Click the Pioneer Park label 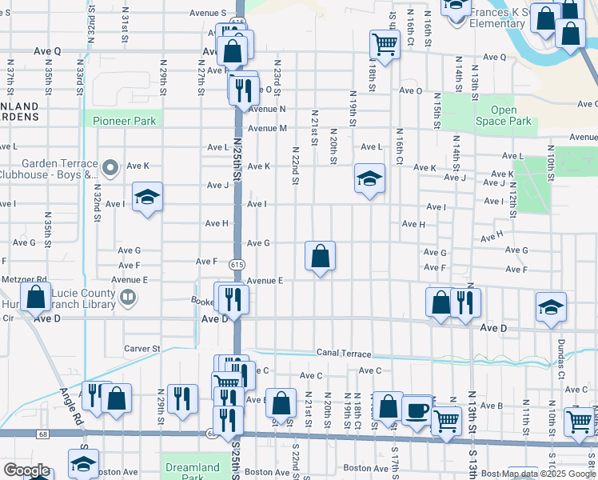click(123, 121)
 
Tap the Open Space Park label click(504, 115)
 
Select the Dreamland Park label click(191, 472)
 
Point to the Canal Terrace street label click(344, 354)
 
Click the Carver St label click(142, 349)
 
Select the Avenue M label click(267, 128)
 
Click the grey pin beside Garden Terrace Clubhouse click(111, 168)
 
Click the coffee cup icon click(417, 410)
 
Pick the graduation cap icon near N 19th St click(369, 178)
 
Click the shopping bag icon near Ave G click(320, 256)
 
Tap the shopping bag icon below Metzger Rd click(36, 298)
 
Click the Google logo click(26, 470)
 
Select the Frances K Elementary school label click(496, 18)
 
